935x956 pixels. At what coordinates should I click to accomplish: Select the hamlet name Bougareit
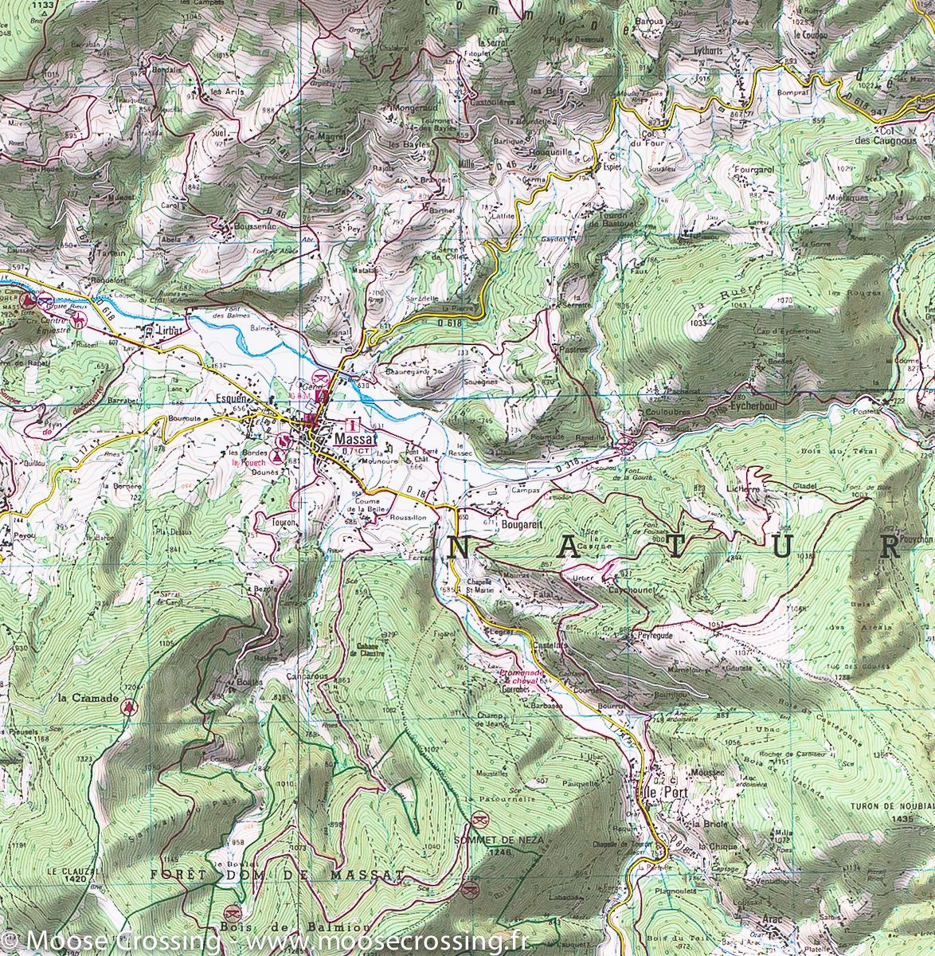point(522,526)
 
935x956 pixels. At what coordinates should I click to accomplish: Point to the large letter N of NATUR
point(459,547)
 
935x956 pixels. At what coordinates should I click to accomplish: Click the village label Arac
point(771,920)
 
